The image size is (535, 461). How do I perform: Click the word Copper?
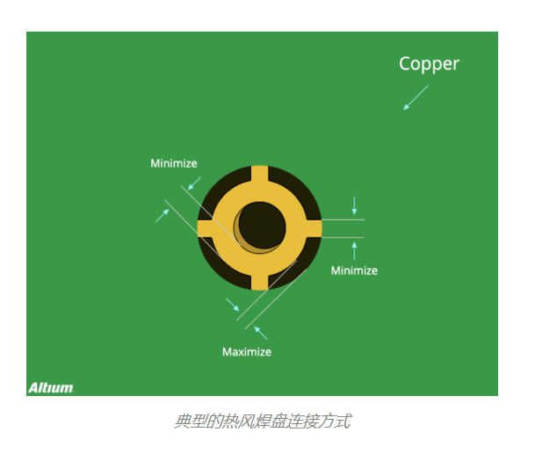430,64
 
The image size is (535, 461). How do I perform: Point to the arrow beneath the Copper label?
416,97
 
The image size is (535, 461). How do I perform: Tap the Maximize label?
247,351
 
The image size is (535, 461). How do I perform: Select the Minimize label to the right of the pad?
354,270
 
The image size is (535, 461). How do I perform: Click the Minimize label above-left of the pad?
174,163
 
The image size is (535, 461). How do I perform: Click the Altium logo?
51,388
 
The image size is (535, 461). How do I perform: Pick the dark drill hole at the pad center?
262,225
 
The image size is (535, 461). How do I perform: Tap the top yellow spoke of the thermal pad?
260,175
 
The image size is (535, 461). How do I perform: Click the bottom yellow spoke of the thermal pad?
260,281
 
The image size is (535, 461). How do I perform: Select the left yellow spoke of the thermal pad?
206,228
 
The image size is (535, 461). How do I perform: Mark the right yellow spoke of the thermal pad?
313,228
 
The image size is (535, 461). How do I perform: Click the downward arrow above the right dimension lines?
354,205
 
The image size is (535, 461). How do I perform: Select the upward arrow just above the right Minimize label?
354,251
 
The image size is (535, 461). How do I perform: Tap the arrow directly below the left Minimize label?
194,184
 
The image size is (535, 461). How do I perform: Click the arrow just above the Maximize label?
261,333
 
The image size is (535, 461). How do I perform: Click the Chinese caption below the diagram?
263,421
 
